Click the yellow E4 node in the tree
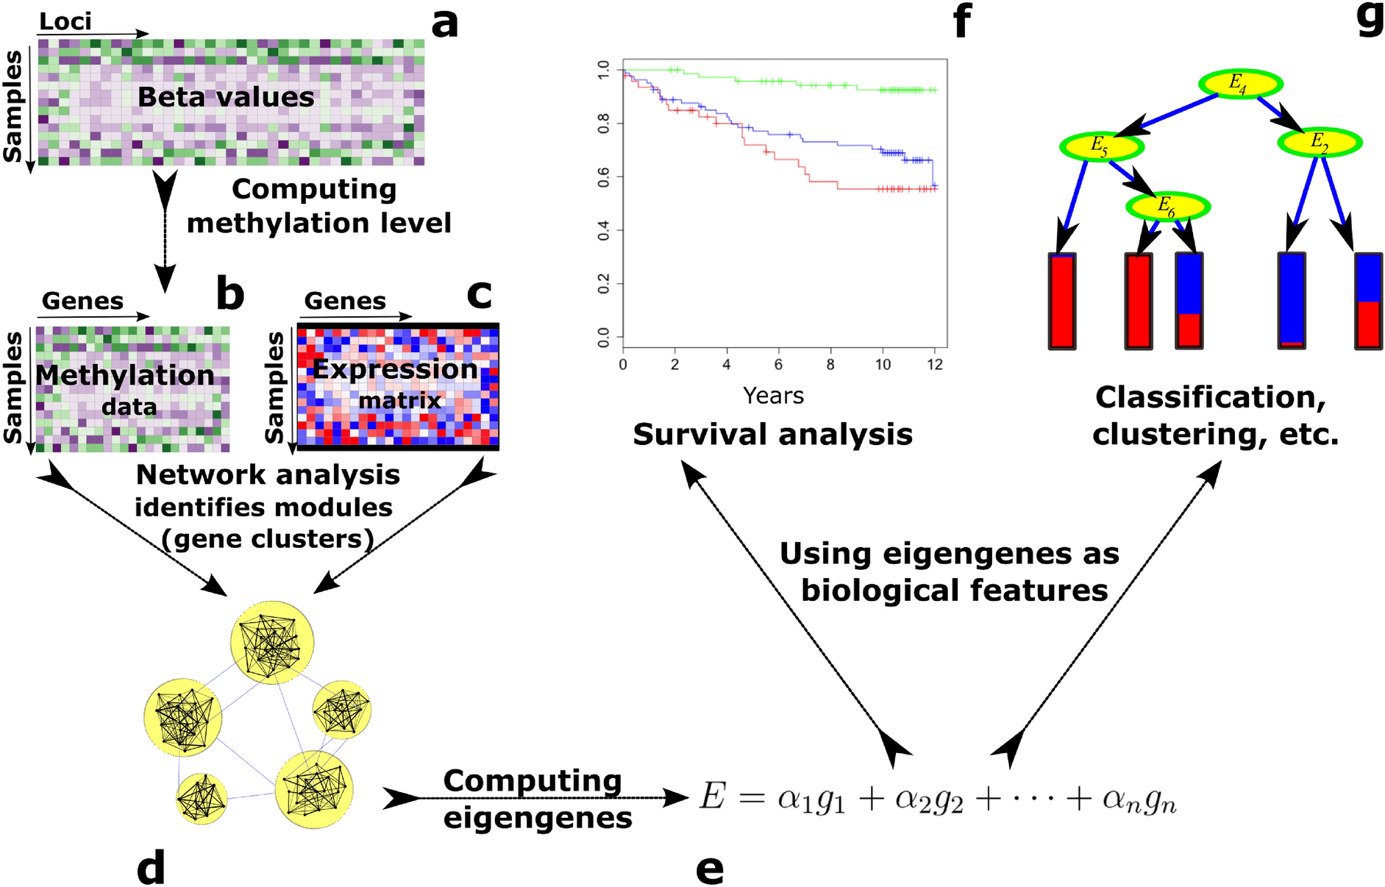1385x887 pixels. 1240,83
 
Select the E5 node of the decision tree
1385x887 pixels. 1101,146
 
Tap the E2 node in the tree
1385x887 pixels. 1320,142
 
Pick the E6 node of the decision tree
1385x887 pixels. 1167,207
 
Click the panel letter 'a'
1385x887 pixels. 444,24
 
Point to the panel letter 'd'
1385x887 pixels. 151,868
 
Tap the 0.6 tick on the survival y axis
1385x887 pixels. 604,177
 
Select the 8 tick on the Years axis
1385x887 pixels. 830,365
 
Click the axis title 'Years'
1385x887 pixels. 773,396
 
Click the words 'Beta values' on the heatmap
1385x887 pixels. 226,97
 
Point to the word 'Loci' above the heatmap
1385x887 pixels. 65,21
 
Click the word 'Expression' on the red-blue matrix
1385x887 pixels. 395,368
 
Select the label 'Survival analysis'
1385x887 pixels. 772,435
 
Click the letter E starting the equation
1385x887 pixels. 712,797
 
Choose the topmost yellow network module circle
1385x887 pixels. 272,641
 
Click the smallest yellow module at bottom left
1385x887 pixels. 202,799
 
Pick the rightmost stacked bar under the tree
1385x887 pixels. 1368,301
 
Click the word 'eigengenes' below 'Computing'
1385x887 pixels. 538,818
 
